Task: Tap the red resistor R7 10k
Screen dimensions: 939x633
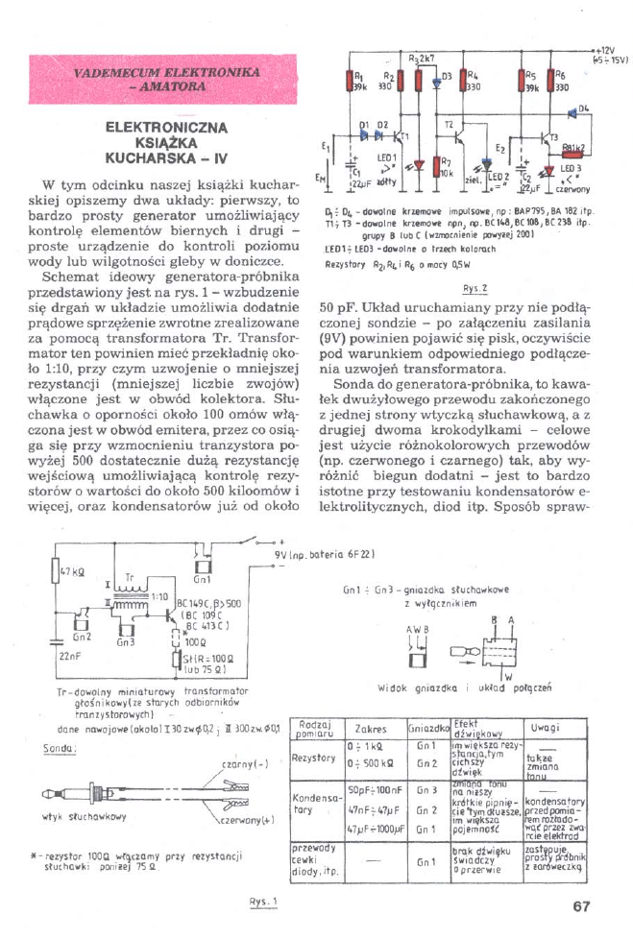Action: pyautogui.click(x=437, y=167)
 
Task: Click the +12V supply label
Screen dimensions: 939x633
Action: pyautogui.click(x=606, y=49)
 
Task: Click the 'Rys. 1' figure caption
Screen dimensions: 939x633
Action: pyautogui.click(x=261, y=903)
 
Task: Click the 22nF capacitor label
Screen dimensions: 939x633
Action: pyautogui.click(x=70, y=656)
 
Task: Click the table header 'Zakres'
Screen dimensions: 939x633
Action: pyautogui.click(x=371, y=729)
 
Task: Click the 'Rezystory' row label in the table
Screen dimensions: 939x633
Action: pyautogui.click(x=310, y=758)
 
